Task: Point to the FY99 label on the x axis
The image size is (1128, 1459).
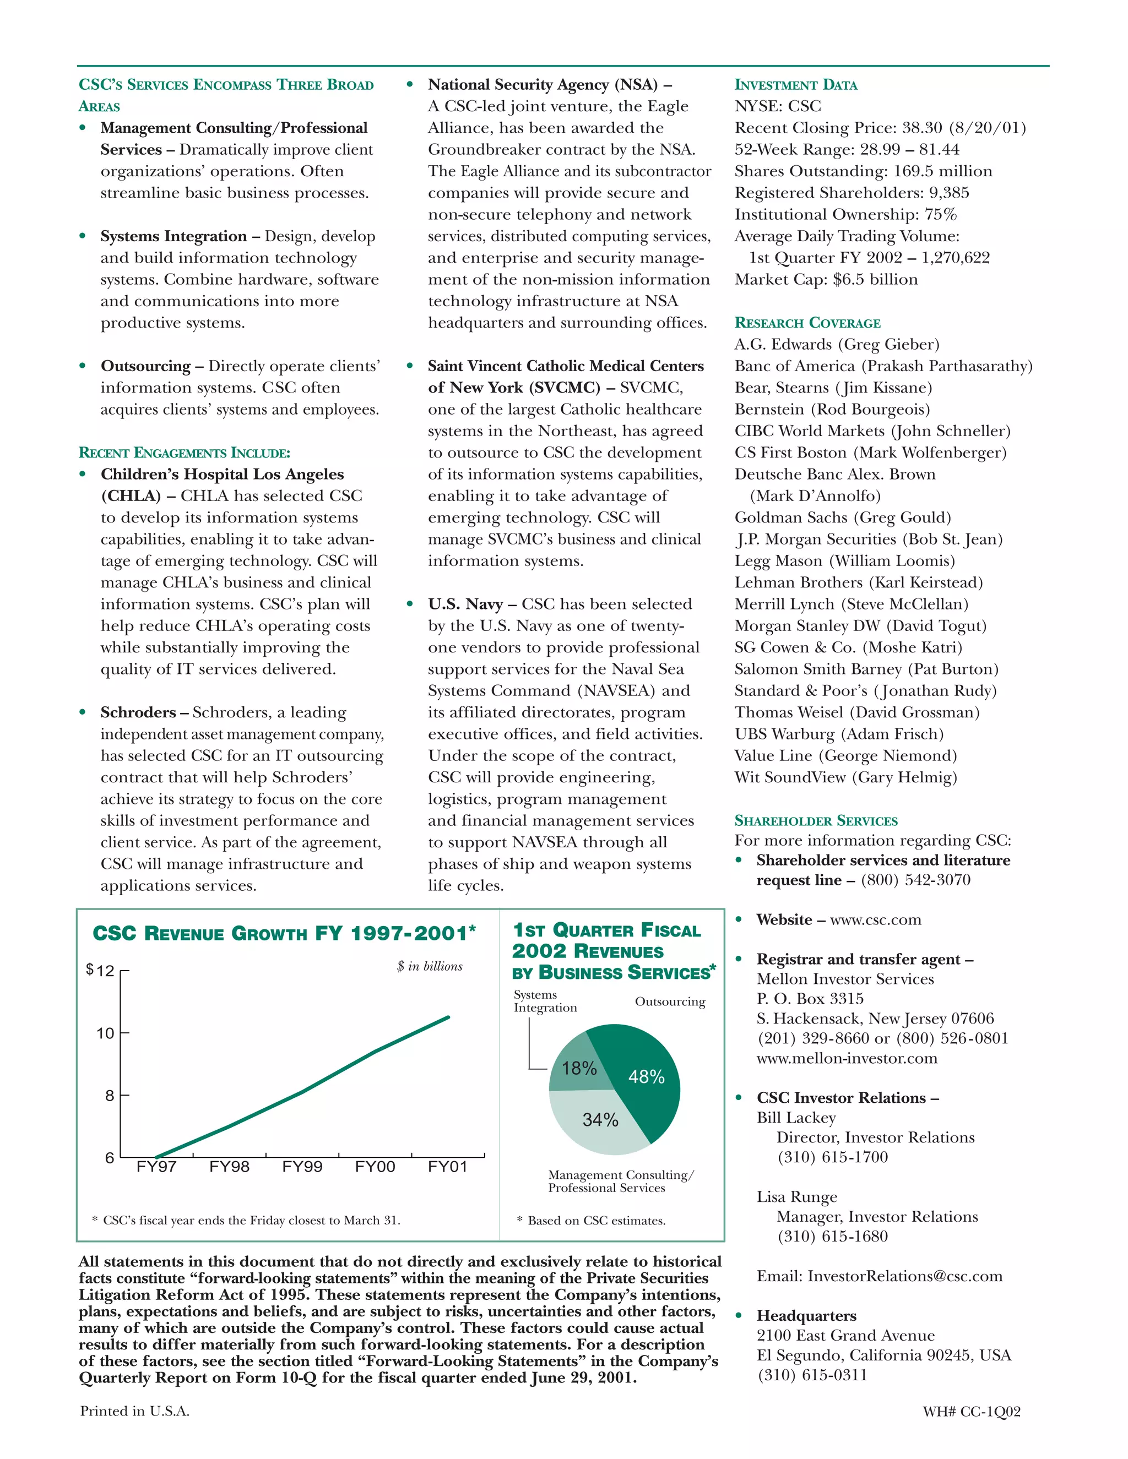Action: [x=302, y=1167]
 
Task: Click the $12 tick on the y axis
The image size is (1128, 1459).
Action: [x=100, y=971]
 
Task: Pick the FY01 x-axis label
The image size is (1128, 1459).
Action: [x=447, y=1167]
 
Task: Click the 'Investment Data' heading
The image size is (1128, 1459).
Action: [x=795, y=85]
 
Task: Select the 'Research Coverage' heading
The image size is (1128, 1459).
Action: [x=807, y=323]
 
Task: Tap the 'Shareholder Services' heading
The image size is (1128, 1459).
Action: [x=815, y=820]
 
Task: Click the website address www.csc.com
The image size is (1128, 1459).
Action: [x=875, y=920]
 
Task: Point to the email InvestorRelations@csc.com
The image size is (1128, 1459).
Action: [x=905, y=1276]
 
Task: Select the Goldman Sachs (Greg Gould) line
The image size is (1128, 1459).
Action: [x=842, y=518]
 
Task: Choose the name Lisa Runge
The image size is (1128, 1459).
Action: [x=796, y=1196]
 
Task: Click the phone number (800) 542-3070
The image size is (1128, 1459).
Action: [x=915, y=880]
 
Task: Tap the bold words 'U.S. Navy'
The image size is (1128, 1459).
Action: [x=465, y=605]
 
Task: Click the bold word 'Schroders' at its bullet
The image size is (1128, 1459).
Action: [x=138, y=713]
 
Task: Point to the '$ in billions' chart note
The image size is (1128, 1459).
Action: [x=429, y=966]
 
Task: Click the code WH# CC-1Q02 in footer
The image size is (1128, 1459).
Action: [x=971, y=1411]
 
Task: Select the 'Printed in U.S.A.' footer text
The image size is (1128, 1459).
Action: [x=134, y=1411]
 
